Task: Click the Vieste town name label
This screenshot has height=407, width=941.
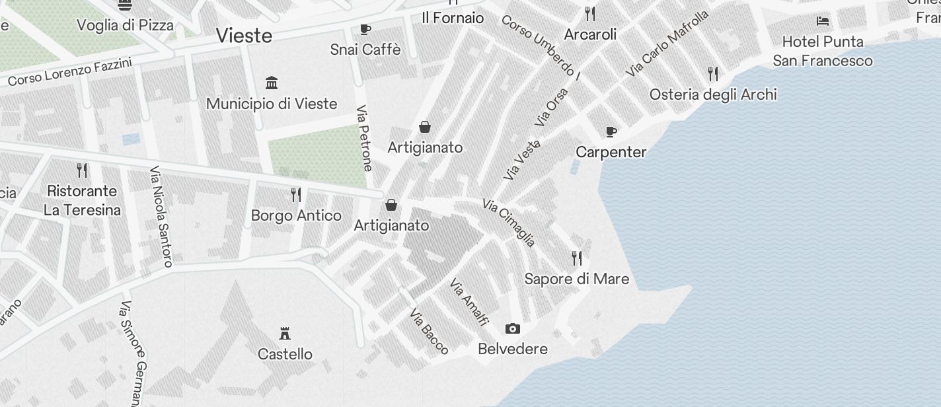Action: [x=244, y=35]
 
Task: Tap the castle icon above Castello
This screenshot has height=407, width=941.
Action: [x=285, y=333]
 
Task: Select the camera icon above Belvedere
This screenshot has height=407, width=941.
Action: [x=512, y=328]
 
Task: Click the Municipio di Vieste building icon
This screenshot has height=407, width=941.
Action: [x=271, y=83]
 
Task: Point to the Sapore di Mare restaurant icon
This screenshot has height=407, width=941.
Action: [x=577, y=258]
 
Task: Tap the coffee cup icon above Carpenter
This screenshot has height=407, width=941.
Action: [x=611, y=131]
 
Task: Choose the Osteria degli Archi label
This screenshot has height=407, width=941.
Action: [x=713, y=94]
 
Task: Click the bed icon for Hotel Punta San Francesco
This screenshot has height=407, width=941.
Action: [x=823, y=21]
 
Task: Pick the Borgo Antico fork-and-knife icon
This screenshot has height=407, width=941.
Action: [x=296, y=195]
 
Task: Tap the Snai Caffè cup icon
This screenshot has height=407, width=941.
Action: [x=365, y=29]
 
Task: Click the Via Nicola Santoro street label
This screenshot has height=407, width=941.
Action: [x=161, y=217]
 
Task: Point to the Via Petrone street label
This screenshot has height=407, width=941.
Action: [x=364, y=138]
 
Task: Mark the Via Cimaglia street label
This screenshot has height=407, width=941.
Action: [x=509, y=223]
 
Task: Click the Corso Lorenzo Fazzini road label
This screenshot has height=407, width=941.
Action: [x=70, y=71]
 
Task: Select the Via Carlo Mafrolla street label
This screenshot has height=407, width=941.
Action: [x=668, y=42]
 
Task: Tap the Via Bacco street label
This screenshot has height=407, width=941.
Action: [x=430, y=331]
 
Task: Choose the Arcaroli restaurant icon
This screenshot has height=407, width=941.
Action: [x=590, y=13]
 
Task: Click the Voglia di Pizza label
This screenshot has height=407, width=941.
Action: [x=125, y=25]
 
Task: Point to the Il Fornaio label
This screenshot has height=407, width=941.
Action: [x=453, y=18]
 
